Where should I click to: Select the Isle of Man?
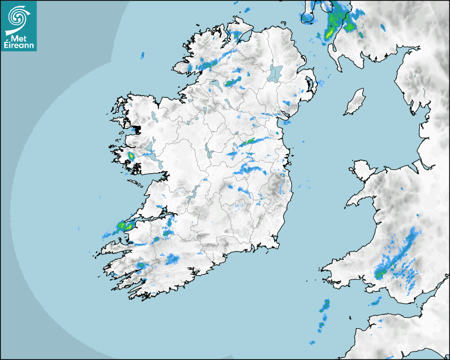(x=355, y=102)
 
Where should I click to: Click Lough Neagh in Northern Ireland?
(x=276, y=73)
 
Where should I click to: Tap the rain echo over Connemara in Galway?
(x=131, y=156)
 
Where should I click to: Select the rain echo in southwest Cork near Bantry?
(x=141, y=265)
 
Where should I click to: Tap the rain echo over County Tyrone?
(x=232, y=82)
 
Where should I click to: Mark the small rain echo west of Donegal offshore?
(x=142, y=55)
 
